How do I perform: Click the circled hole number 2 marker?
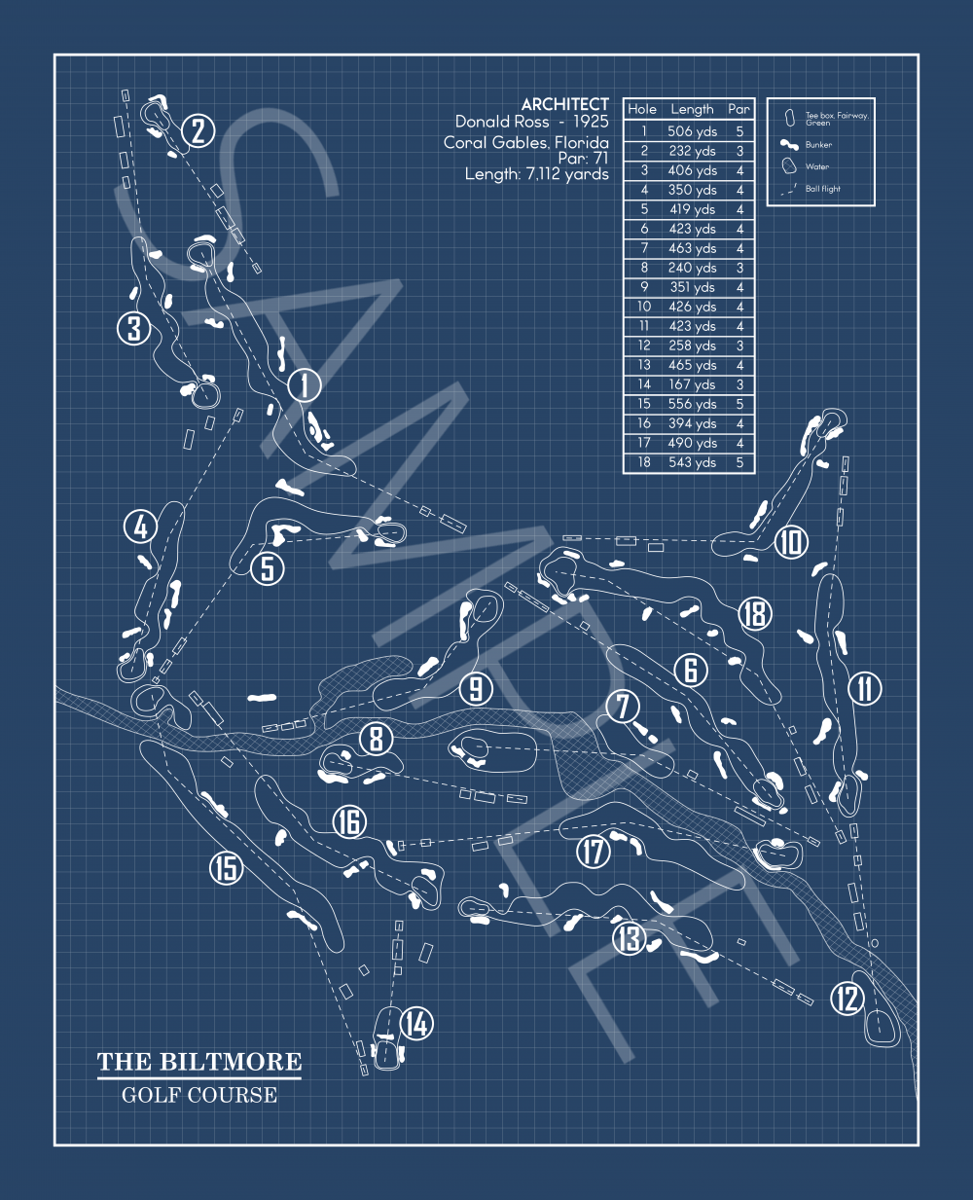pyautogui.click(x=198, y=130)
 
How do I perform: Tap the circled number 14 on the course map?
pyautogui.click(x=416, y=1024)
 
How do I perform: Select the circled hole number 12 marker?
pyautogui.click(x=847, y=998)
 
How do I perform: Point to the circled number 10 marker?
pyautogui.click(x=791, y=542)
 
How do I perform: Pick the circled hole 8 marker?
pyautogui.click(x=377, y=739)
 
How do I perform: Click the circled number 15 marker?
pyautogui.click(x=227, y=867)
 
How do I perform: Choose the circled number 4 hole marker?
pyautogui.click(x=141, y=527)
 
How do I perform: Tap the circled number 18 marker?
pyautogui.click(x=754, y=613)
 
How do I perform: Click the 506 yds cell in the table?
pyautogui.click(x=692, y=131)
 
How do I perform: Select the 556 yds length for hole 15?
pyautogui.click(x=692, y=404)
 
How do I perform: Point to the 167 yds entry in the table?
pyautogui.click(x=692, y=384)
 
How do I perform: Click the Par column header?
pyautogui.click(x=739, y=110)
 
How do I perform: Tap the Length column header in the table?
pyautogui.click(x=692, y=110)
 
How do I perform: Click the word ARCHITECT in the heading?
pyautogui.click(x=564, y=104)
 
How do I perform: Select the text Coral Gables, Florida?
pyautogui.click(x=526, y=142)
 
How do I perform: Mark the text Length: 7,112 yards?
pyautogui.click(x=536, y=174)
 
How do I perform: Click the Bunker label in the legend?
pyautogui.click(x=818, y=145)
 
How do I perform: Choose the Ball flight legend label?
pyautogui.click(x=822, y=189)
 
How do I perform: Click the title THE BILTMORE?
pyautogui.click(x=199, y=1062)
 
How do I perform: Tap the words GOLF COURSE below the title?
pyautogui.click(x=199, y=1095)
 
